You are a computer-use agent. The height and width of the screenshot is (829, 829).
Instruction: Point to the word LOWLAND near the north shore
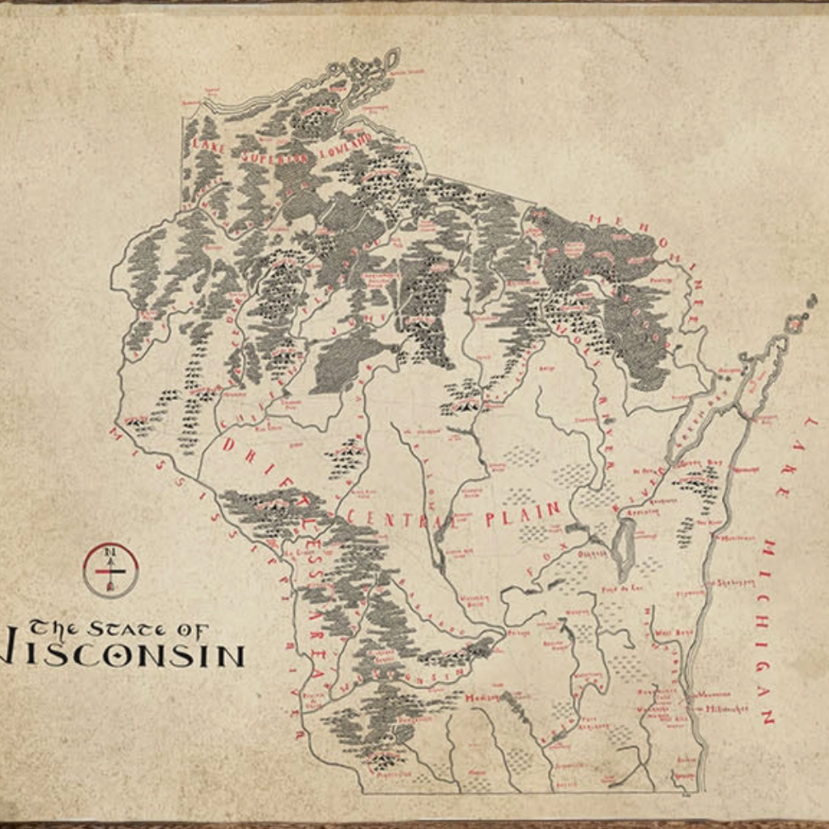[344, 145]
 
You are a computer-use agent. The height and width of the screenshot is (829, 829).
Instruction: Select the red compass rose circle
[111, 570]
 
